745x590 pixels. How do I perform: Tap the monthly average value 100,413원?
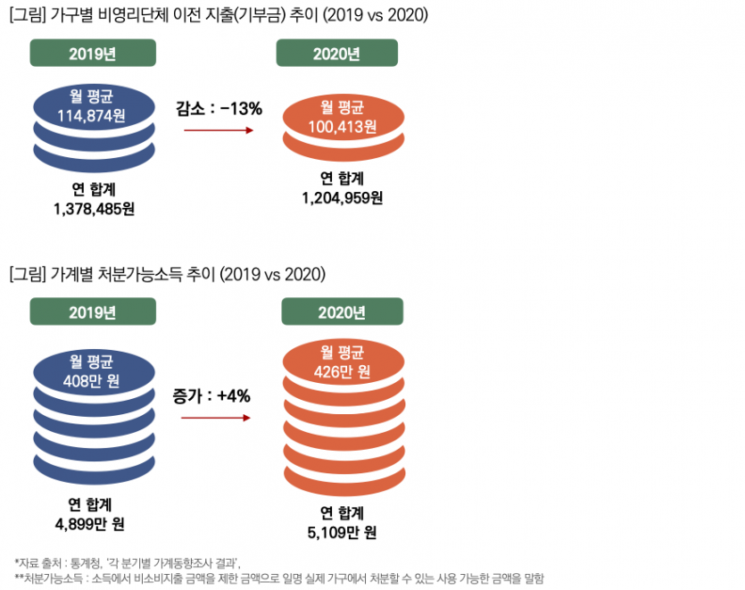342,126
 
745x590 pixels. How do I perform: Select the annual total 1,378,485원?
94,209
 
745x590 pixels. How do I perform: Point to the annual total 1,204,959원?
343,197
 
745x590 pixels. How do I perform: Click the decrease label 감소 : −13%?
219,109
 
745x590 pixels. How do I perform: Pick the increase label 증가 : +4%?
214,393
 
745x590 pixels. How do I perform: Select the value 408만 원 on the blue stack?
93,381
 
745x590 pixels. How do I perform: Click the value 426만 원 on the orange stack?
342,370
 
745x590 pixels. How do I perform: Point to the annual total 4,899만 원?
93,522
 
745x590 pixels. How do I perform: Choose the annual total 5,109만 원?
342,534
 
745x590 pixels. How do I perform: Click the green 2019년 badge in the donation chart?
93,53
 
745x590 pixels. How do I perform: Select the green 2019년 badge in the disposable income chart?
93,312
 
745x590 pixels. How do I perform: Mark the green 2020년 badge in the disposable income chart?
342,312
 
